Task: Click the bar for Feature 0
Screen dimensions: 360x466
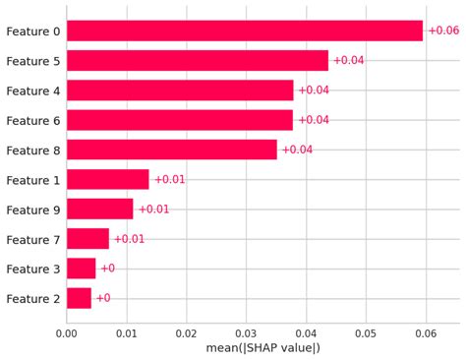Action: click(244, 31)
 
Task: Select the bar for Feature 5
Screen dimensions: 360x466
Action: click(197, 61)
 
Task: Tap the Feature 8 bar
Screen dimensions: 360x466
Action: click(171, 150)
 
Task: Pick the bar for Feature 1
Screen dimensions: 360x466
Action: click(107, 179)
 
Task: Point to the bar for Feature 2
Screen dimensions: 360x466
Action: click(79, 298)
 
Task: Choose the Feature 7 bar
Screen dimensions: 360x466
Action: click(87, 238)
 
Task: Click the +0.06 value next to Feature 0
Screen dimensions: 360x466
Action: click(444, 31)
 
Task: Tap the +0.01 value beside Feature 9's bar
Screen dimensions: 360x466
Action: click(153, 209)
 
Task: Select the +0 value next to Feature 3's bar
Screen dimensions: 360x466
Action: click(107, 269)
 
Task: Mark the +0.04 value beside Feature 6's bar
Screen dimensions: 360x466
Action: click(314, 120)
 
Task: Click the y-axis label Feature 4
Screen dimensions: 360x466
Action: click(32, 90)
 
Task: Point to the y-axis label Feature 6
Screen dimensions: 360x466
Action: click(32, 120)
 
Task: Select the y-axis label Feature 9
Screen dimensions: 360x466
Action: click(32, 210)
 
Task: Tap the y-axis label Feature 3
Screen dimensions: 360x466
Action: click(32, 269)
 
